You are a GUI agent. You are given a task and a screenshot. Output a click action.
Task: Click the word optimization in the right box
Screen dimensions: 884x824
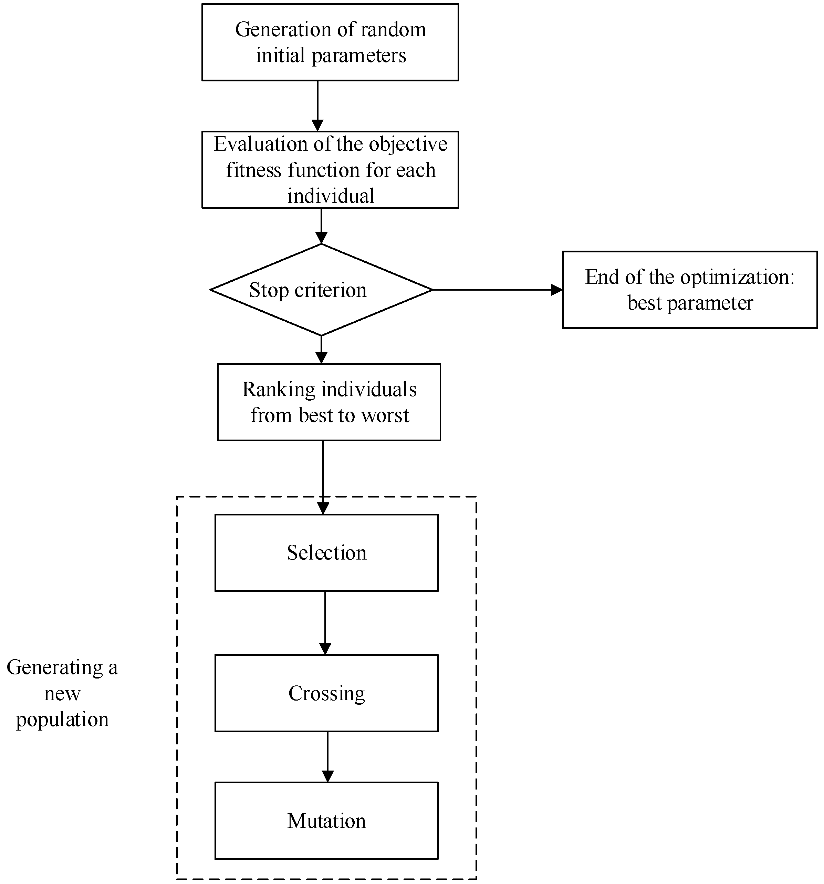coord(737,278)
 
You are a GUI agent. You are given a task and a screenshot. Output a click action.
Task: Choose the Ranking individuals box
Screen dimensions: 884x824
coord(329,402)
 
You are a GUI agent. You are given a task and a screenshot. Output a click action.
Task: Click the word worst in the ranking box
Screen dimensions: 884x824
coord(385,416)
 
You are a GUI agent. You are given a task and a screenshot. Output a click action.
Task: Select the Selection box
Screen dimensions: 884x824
coord(326,553)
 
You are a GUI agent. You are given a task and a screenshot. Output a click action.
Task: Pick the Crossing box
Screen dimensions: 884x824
coord(326,693)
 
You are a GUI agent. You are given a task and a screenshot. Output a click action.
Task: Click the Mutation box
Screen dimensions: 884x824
coord(326,821)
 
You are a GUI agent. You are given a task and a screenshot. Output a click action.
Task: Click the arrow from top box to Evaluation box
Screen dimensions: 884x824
coord(317,106)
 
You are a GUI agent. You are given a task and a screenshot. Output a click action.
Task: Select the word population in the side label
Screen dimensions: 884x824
coord(62,720)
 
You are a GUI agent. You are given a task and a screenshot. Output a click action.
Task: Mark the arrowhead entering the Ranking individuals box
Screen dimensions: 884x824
coord(321,358)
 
